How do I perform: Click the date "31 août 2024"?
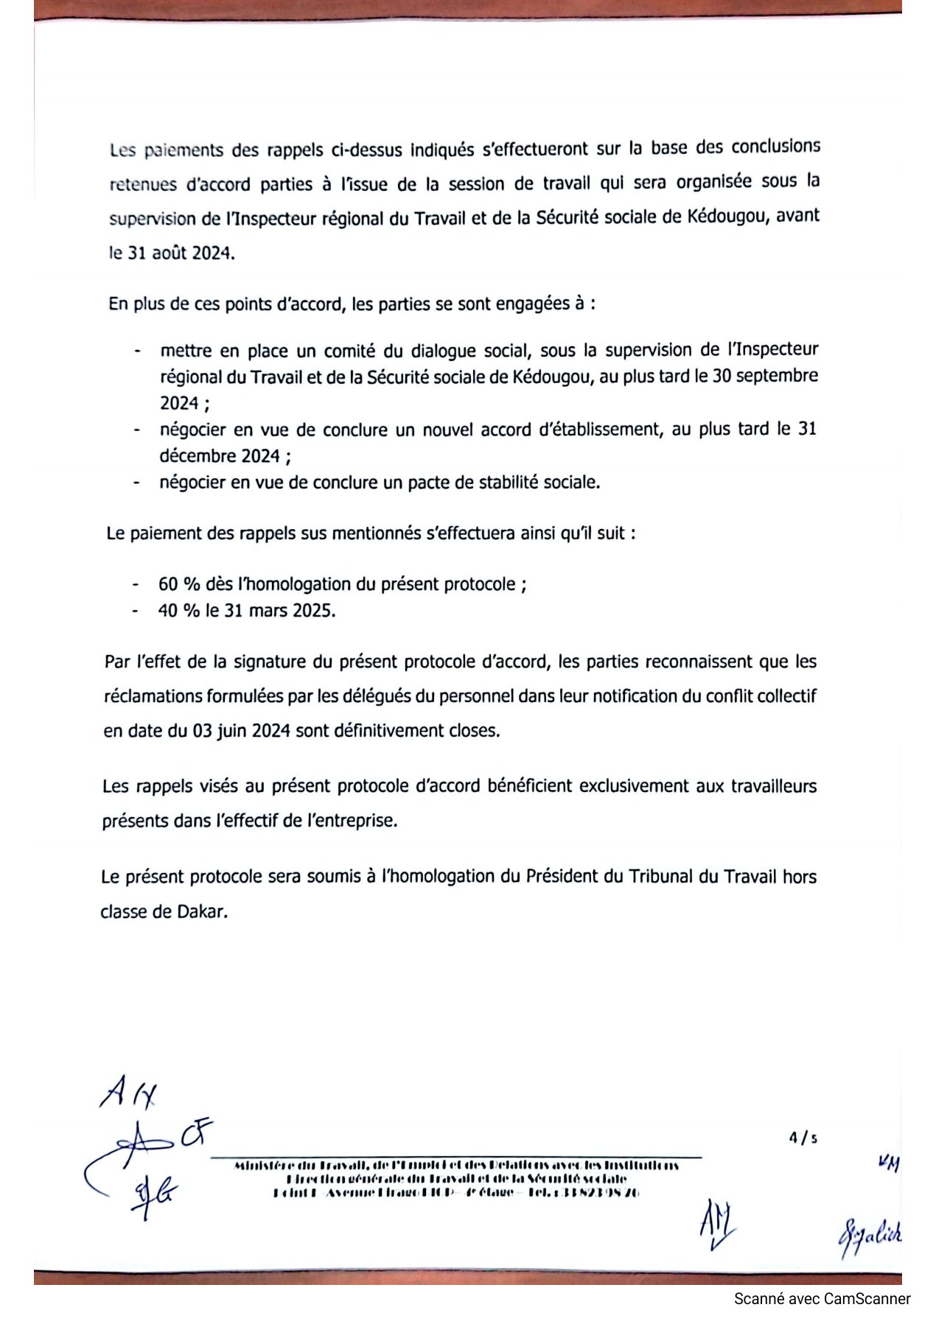click(180, 253)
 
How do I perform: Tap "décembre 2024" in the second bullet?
click(220, 456)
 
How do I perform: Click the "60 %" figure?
click(179, 584)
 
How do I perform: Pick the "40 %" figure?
click(179, 611)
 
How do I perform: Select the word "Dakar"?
click(201, 911)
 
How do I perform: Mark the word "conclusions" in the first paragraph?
click(775, 147)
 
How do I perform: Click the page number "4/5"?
click(803, 1138)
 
